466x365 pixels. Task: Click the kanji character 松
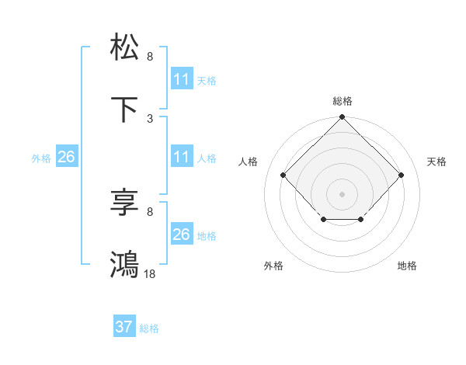point(125,47)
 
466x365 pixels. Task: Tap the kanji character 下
point(125,111)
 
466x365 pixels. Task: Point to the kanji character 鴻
point(125,264)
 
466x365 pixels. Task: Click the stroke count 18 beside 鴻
point(151,274)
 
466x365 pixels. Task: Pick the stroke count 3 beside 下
point(150,119)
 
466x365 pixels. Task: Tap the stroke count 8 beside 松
point(150,57)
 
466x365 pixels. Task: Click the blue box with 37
point(123,327)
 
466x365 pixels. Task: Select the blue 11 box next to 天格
point(181,79)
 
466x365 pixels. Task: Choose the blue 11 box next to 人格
point(181,157)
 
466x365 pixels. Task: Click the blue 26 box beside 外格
point(66,157)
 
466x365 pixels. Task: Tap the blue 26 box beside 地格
point(181,235)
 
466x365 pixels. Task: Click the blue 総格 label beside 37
point(149,328)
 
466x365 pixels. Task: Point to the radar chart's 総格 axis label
point(342,101)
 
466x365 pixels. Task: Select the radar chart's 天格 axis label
point(436,162)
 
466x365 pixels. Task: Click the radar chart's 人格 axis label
point(249,162)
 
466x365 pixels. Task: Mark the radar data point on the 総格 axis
point(342,118)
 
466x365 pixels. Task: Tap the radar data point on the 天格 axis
point(401,176)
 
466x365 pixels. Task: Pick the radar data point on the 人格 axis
point(283,176)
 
